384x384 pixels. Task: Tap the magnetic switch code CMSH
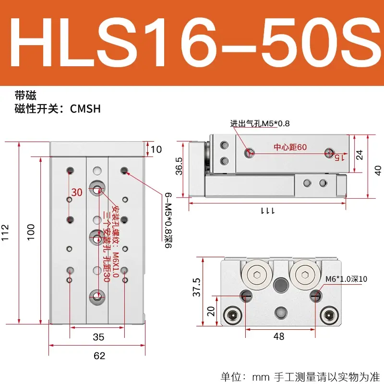85,109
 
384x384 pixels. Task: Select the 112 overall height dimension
5,232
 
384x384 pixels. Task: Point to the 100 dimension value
31,232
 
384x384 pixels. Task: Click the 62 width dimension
99,356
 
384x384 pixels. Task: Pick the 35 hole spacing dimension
98,337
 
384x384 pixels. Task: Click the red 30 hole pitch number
77,192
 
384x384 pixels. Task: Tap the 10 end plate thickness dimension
156,149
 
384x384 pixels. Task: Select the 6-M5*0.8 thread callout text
168,220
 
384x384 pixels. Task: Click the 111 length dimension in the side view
268,211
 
